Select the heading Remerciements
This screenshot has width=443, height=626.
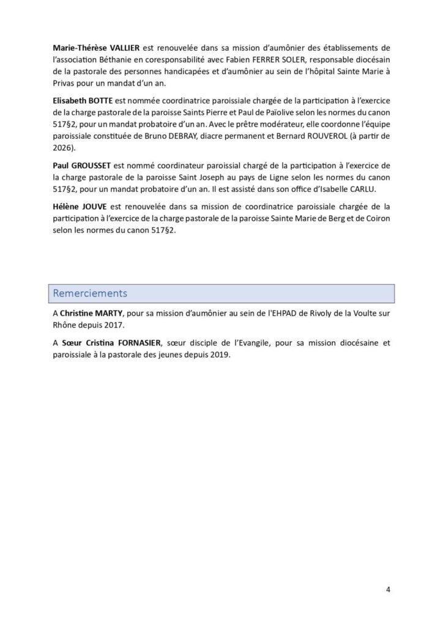coord(90,293)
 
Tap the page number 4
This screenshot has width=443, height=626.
coord(388,589)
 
